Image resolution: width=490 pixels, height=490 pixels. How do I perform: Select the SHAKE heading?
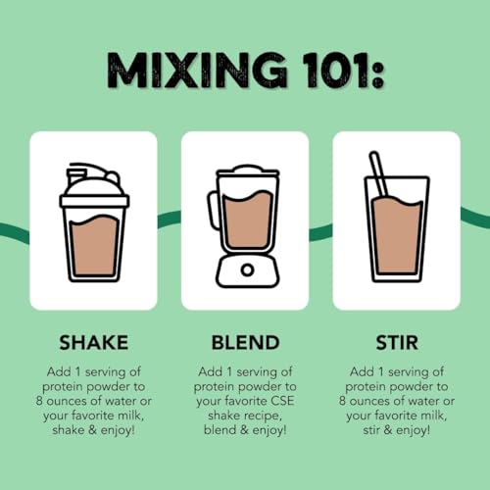pyautogui.click(x=93, y=343)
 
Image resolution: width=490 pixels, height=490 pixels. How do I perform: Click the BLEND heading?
pyautogui.click(x=244, y=343)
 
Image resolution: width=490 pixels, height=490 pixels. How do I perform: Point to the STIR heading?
pyautogui.click(x=396, y=343)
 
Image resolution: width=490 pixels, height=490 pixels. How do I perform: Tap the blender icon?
pyautogui.click(x=244, y=225)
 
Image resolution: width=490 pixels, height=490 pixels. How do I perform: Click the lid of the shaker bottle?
pyautogui.click(x=94, y=182)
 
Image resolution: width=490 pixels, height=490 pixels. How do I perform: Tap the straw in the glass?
pyautogui.click(x=378, y=174)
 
